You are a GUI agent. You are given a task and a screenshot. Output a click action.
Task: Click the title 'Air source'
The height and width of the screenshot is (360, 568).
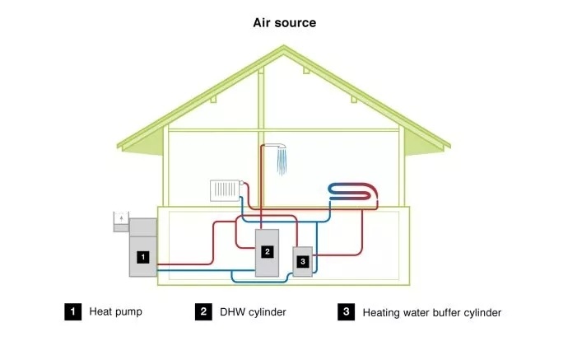(x=284, y=22)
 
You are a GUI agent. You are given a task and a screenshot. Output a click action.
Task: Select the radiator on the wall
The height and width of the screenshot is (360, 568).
(x=225, y=190)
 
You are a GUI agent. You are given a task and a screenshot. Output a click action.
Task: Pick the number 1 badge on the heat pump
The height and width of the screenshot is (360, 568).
(x=142, y=256)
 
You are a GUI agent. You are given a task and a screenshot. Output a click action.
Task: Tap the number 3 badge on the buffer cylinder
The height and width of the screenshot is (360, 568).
(x=303, y=261)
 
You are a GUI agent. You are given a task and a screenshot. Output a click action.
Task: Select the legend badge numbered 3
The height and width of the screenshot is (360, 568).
(x=347, y=311)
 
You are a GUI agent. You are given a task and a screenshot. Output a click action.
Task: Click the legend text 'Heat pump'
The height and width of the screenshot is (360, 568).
(x=116, y=311)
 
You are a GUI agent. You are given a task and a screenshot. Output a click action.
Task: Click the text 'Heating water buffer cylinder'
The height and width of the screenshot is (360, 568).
(x=431, y=312)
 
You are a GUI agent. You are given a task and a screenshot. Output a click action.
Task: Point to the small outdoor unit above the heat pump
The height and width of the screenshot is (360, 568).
(x=121, y=219)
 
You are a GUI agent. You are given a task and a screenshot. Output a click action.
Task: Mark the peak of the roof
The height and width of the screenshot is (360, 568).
(x=284, y=47)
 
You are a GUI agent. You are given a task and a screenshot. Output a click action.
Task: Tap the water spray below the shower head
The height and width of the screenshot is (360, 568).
(x=282, y=163)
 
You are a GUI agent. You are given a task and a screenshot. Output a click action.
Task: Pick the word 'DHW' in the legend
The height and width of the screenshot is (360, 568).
(x=231, y=311)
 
